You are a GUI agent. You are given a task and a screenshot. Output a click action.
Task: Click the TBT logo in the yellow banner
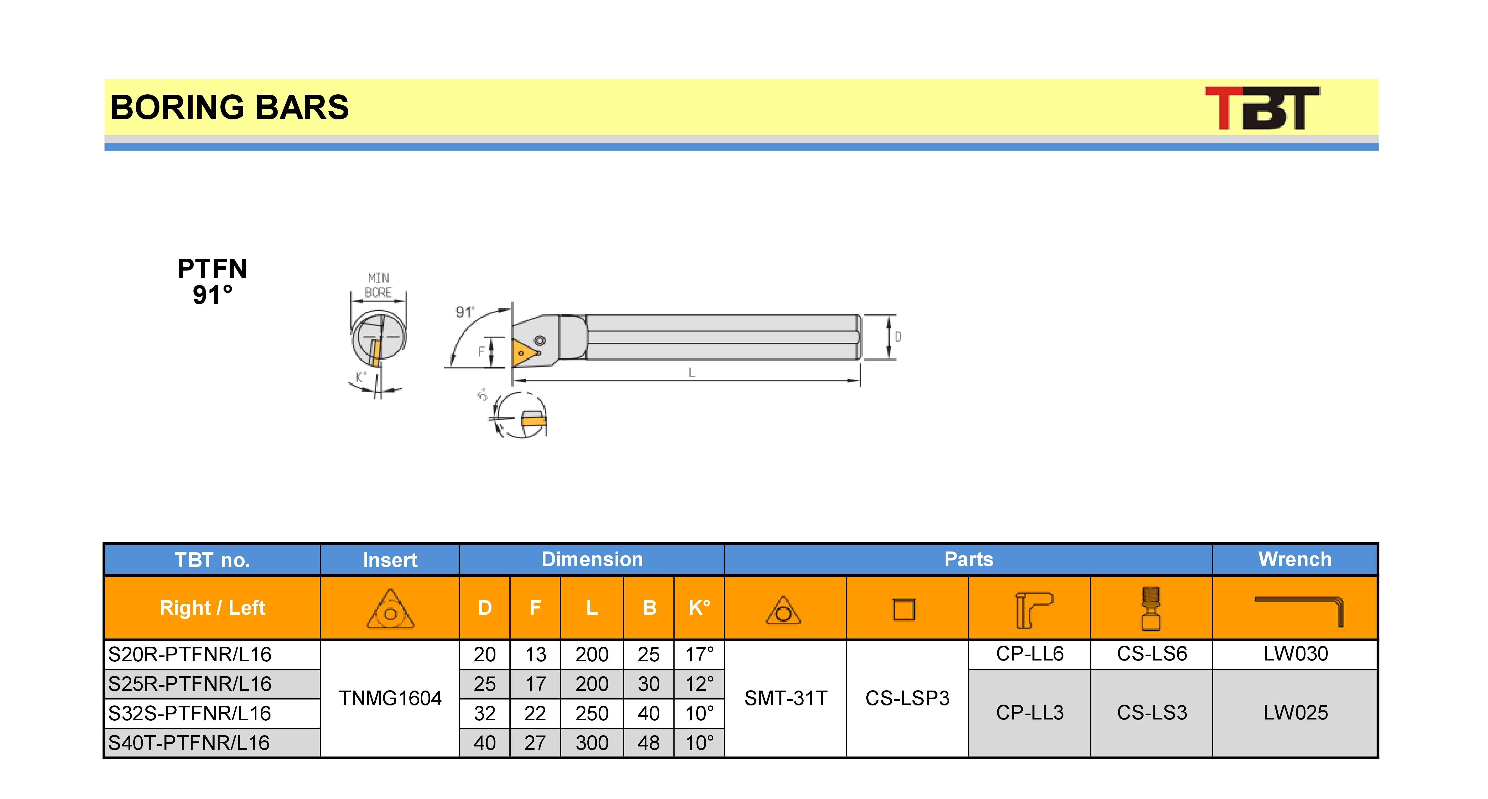tap(1262, 108)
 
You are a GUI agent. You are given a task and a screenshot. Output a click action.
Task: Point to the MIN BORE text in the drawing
tap(378, 285)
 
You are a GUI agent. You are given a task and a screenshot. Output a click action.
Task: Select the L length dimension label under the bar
tap(691, 373)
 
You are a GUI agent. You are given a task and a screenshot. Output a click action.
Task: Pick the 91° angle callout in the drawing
tap(465, 312)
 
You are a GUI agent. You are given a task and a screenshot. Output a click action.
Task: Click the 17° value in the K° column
tap(700, 654)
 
